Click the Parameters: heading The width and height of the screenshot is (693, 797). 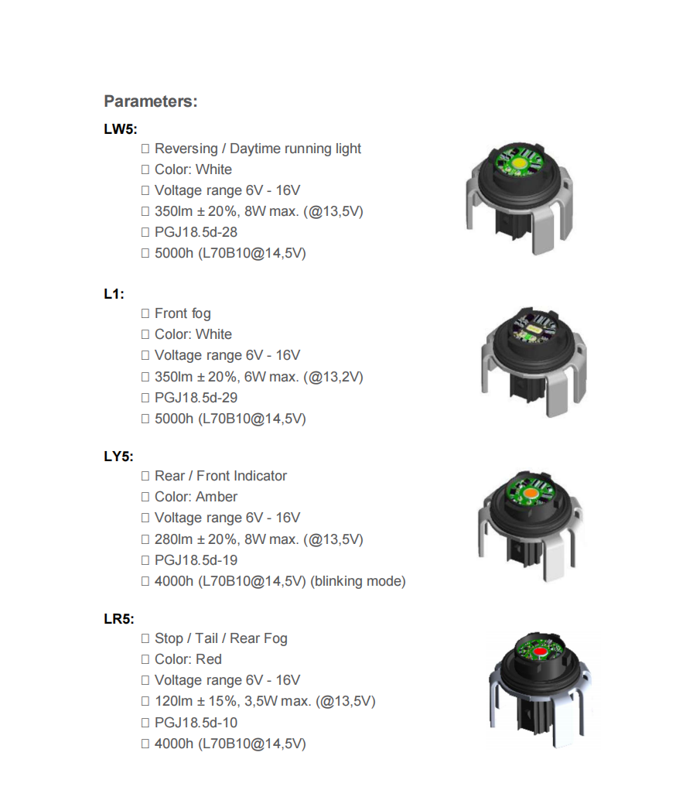tap(150, 101)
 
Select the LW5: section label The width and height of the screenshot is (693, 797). tap(120, 129)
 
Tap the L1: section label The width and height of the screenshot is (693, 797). tap(114, 294)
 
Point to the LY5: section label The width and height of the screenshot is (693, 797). tap(119, 457)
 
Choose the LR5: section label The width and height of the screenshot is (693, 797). tap(119, 619)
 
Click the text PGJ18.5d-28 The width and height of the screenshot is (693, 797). tap(196, 232)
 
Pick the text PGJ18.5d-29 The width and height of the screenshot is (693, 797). tap(196, 398)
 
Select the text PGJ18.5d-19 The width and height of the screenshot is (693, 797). tap(196, 560)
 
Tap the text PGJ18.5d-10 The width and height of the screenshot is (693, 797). tap(196, 723)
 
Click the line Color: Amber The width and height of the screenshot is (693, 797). tap(196, 497)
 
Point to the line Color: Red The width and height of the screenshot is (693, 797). tap(188, 659)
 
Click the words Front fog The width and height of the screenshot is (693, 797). tap(183, 313)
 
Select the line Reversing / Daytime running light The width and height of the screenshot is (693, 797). tap(258, 149)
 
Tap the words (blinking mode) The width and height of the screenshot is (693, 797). tap(357, 581)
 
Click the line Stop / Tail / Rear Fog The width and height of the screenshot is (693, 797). tap(220, 638)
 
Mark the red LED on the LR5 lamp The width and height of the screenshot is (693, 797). tap(540, 652)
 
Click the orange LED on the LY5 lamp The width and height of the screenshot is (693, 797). tap(531, 493)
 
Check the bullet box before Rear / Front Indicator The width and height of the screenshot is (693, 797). tap(145, 476)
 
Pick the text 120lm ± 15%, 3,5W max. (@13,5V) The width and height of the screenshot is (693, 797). tap(265, 702)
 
